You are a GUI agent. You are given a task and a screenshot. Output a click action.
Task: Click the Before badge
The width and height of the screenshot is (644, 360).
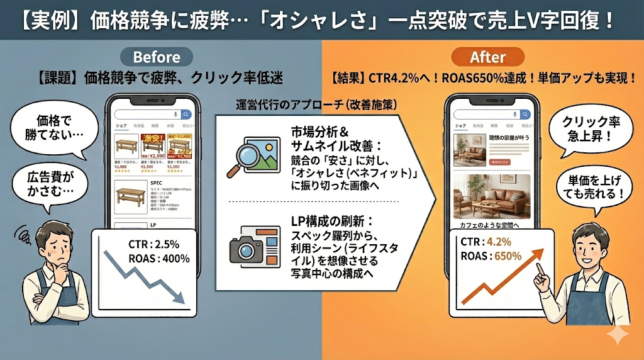157,57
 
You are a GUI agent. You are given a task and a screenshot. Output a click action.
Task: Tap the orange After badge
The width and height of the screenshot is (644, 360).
487,57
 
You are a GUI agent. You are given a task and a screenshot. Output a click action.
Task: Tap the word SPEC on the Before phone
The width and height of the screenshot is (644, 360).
157,183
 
